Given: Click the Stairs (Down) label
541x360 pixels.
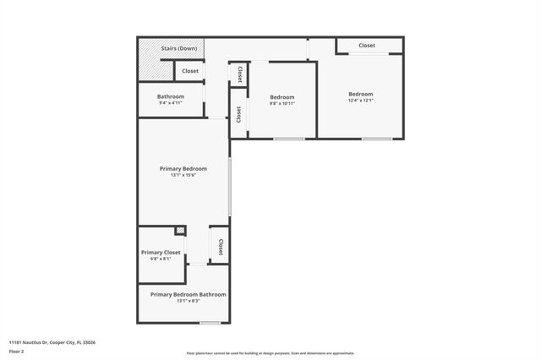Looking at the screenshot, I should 179,48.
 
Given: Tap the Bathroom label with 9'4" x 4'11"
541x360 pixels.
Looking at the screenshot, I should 170,96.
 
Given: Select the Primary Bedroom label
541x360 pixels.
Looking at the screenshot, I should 183,168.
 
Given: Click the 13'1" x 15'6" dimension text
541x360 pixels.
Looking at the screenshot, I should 183,176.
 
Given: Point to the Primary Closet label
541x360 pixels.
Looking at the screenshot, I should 161,253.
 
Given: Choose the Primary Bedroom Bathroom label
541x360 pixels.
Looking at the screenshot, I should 189,294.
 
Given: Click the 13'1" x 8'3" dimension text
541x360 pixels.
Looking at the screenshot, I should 189,301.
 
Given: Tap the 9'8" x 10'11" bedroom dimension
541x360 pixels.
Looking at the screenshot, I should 281,103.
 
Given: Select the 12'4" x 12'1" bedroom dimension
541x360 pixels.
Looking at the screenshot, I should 361,101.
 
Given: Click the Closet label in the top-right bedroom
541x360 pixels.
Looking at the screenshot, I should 367,46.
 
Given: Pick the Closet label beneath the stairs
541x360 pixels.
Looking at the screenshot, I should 190,71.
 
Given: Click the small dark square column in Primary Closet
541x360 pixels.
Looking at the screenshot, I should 180,231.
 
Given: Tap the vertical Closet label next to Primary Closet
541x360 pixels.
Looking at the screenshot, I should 221,248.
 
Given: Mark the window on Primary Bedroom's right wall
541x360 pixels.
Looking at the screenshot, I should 230,186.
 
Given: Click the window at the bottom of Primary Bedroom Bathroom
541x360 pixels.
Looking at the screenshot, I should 210,323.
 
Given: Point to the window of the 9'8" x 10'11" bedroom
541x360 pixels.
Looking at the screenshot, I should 289,139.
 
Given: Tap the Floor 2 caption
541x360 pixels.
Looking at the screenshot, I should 17,352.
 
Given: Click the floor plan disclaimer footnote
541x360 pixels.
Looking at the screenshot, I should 270,353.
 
